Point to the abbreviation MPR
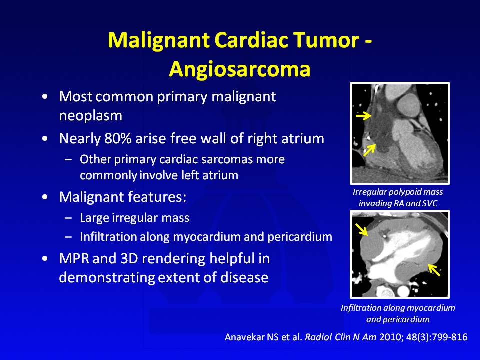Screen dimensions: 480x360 pyautogui.click(x=74, y=259)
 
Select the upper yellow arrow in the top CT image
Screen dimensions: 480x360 pyautogui.click(x=363, y=115)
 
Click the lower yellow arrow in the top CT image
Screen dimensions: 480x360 pyautogui.click(x=369, y=150)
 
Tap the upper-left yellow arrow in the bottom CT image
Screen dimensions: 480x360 pyautogui.click(x=361, y=229)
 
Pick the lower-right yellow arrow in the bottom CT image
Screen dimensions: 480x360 pyautogui.click(x=434, y=270)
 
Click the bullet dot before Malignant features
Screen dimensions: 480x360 pyautogui.click(x=45, y=197)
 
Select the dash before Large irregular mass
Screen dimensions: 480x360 pyautogui.click(x=68, y=218)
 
